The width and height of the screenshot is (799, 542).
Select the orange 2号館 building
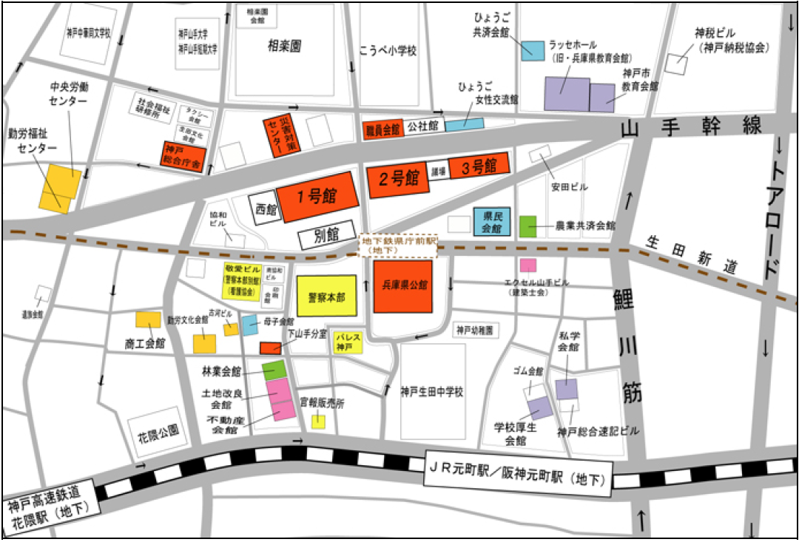click(x=399, y=178)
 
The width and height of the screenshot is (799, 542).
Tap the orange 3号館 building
click(x=479, y=167)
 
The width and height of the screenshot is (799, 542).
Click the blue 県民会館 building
click(x=493, y=221)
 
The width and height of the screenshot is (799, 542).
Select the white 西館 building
click(x=264, y=209)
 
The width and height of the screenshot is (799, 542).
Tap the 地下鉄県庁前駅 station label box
click(x=398, y=246)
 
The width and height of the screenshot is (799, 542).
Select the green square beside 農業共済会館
click(x=527, y=226)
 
